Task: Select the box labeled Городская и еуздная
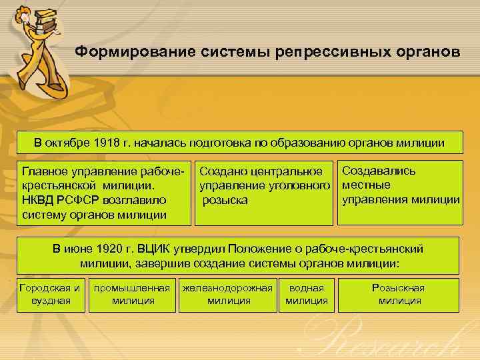click(x=51, y=294)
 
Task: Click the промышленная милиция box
click(x=131, y=294)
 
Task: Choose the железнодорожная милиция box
click(x=229, y=294)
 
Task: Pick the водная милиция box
click(x=307, y=294)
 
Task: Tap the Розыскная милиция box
click(x=399, y=294)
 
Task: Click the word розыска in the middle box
click(x=225, y=200)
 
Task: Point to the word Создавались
click(x=379, y=171)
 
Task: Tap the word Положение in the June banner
click(x=254, y=249)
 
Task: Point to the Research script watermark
click(x=387, y=340)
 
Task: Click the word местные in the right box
click(x=366, y=185)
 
